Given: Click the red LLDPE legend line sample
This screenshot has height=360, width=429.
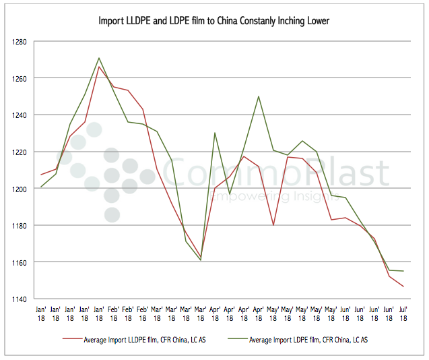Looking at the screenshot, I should coord(73,340).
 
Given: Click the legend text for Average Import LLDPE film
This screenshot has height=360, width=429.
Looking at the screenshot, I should coord(145,340).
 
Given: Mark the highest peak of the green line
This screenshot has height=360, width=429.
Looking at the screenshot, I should coord(99,58).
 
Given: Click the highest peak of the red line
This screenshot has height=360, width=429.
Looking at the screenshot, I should coord(99,66).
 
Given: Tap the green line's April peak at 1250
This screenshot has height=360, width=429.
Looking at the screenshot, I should coord(259,96).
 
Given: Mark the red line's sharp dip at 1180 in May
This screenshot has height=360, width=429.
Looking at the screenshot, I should coord(273,225).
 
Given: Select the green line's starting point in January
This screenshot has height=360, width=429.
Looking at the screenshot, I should coord(41,187).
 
